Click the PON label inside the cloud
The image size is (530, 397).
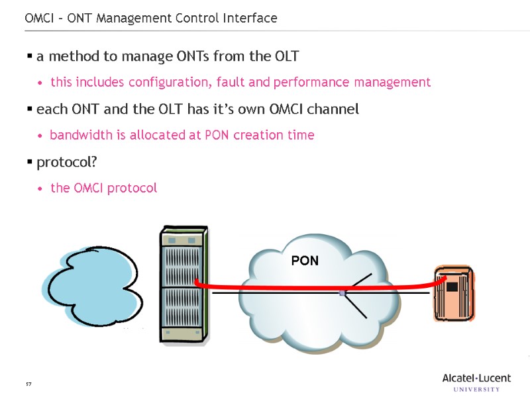pos(305,261)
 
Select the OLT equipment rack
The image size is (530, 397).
pos(184,285)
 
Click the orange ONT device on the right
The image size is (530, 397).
pos(453,293)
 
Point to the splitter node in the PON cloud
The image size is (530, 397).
pos(342,292)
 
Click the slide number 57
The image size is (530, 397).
pos(28,384)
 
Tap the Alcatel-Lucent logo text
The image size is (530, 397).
pos(476,378)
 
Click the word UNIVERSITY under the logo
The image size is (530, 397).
pos(476,389)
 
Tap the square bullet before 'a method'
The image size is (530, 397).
pos(30,57)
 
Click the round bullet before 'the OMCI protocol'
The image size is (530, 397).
pos(41,189)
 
